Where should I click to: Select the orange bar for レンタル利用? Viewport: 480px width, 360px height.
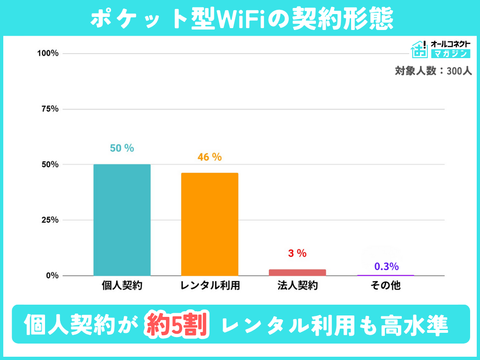[x=210, y=224]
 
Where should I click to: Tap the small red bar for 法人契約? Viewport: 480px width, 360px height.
[x=297, y=272]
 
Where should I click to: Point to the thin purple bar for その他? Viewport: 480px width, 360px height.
[x=385, y=275]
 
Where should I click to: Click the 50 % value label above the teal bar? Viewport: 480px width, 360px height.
[x=122, y=148]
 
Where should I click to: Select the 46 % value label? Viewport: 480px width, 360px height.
[x=210, y=157]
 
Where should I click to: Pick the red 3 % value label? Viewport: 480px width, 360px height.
[x=297, y=254]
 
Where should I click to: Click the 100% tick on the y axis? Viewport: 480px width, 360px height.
[x=48, y=53]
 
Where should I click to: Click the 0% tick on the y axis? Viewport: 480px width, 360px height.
[x=52, y=276]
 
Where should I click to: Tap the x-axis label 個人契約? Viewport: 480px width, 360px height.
[x=122, y=285]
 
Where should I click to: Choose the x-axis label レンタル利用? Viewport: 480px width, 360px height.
[x=210, y=285]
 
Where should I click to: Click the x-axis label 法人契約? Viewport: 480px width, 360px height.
[x=297, y=285]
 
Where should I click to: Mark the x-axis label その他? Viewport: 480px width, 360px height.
[x=385, y=285]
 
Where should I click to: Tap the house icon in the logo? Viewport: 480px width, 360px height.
[x=419, y=49]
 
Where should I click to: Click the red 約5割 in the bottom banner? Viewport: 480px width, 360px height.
[x=177, y=324]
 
